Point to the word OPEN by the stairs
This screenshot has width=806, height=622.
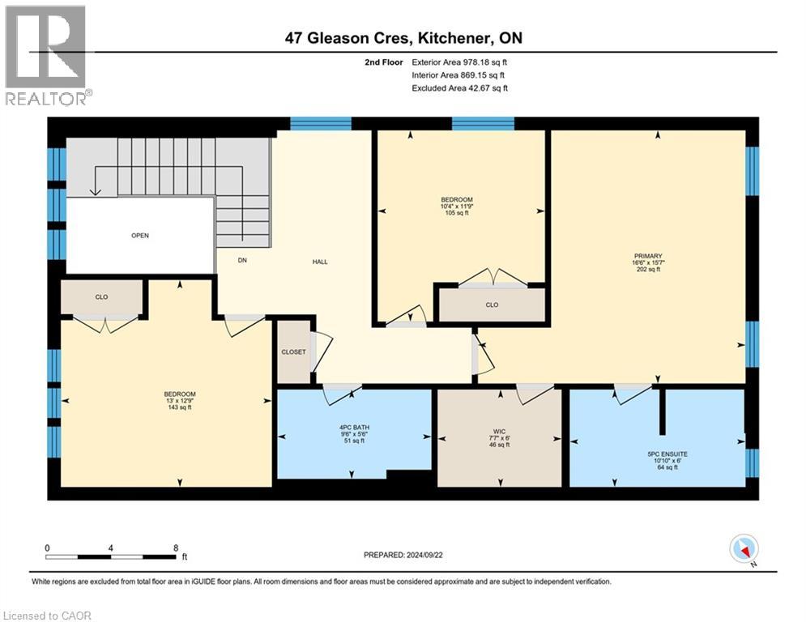pos(140,236)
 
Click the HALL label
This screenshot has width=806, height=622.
pos(320,262)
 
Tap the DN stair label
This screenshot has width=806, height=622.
pos(241,261)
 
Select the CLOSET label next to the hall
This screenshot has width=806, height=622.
pos(294,352)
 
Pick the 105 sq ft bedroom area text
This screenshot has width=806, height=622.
pos(457,212)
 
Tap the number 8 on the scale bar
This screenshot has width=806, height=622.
pos(176,547)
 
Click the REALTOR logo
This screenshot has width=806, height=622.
pos(47,55)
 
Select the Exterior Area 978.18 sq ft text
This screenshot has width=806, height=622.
pos(460,62)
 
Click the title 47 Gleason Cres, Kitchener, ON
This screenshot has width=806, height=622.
pos(403,38)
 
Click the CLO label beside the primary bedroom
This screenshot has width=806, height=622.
pos(492,305)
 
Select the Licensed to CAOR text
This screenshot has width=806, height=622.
pos(48,616)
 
